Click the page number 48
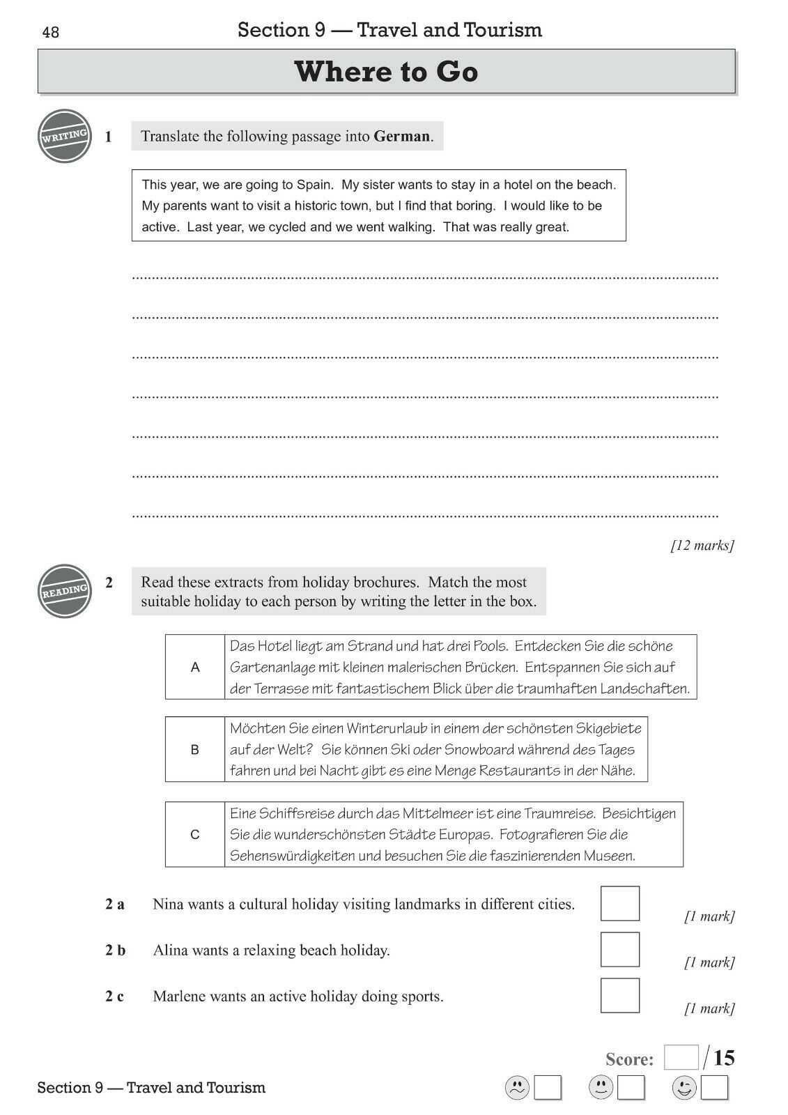[51, 33]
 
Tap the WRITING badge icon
[65, 136]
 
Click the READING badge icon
[65, 591]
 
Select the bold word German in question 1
[401, 137]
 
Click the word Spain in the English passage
[314, 185]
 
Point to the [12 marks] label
[702, 546]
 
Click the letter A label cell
[195, 668]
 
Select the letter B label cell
[195, 750]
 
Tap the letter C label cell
[195, 835]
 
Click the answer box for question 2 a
[619, 904]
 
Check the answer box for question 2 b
[619, 950]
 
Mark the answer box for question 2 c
[619, 995]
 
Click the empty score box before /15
[681, 1058]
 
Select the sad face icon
[517, 1088]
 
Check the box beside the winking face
[714, 1088]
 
